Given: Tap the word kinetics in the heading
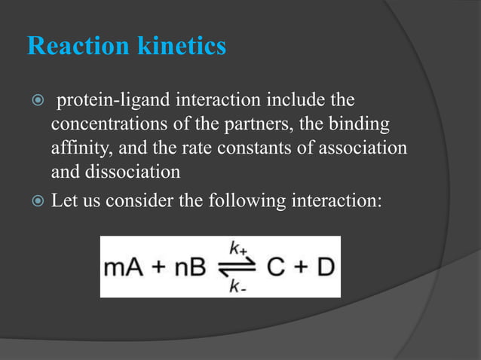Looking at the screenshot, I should tap(182, 47).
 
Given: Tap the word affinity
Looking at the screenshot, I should tap(78, 148).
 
